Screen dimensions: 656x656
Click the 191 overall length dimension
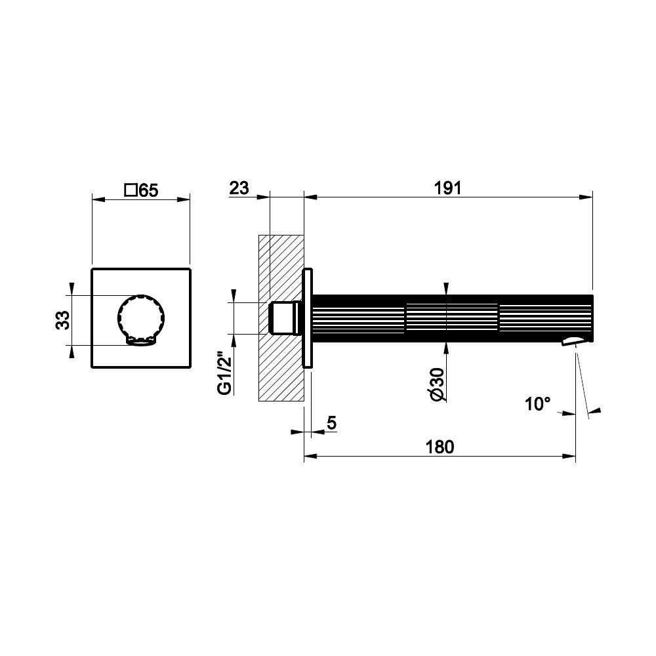(447, 188)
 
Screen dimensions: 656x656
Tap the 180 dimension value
(440, 447)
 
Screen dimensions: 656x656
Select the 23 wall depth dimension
(239, 188)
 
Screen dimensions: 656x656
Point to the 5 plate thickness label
(331, 423)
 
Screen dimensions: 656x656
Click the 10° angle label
(538, 404)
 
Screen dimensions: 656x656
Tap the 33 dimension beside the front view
(63, 320)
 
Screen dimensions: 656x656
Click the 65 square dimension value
(148, 191)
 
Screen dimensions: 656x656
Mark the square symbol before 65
(131, 190)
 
